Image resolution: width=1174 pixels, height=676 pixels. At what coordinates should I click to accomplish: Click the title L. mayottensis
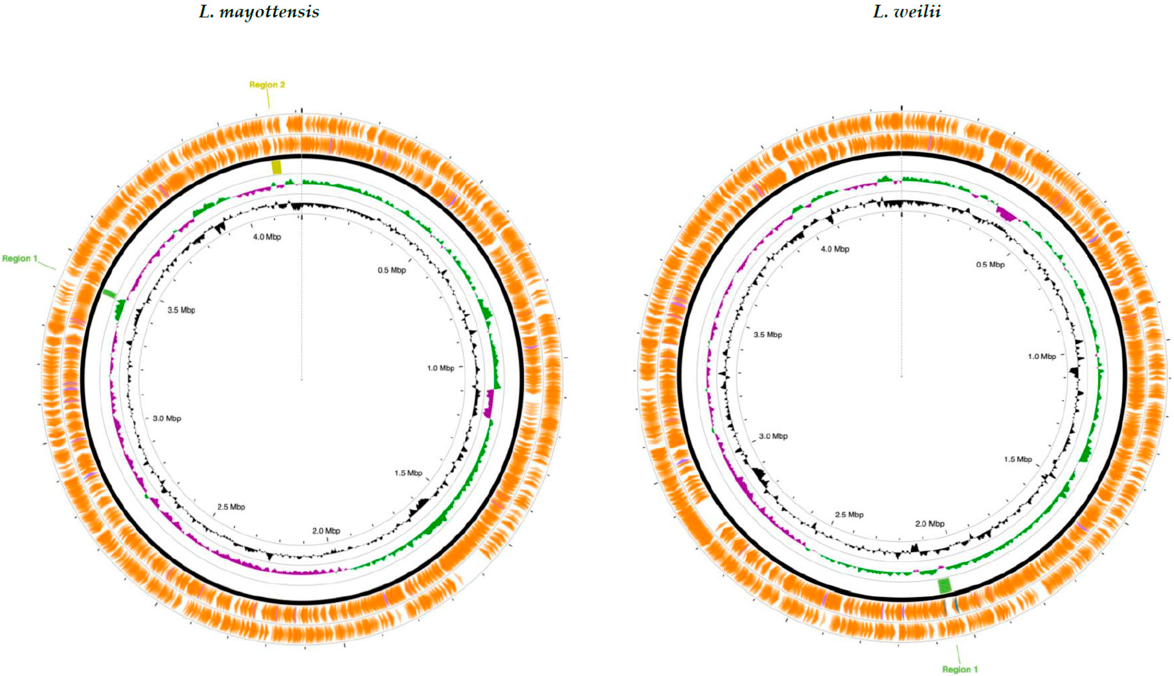coord(259,12)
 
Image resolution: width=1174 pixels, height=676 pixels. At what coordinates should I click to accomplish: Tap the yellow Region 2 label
coord(267,84)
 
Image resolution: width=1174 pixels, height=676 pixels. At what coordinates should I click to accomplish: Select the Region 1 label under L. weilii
coord(960,669)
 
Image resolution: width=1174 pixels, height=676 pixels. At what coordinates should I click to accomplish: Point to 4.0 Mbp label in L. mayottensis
coord(267,237)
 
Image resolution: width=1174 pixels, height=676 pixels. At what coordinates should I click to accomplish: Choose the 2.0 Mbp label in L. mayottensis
coord(326,531)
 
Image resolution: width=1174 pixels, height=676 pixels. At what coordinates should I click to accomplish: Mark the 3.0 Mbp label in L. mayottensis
coord(167,418)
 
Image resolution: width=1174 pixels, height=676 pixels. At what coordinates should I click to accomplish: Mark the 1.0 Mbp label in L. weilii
coord(1041,356)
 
